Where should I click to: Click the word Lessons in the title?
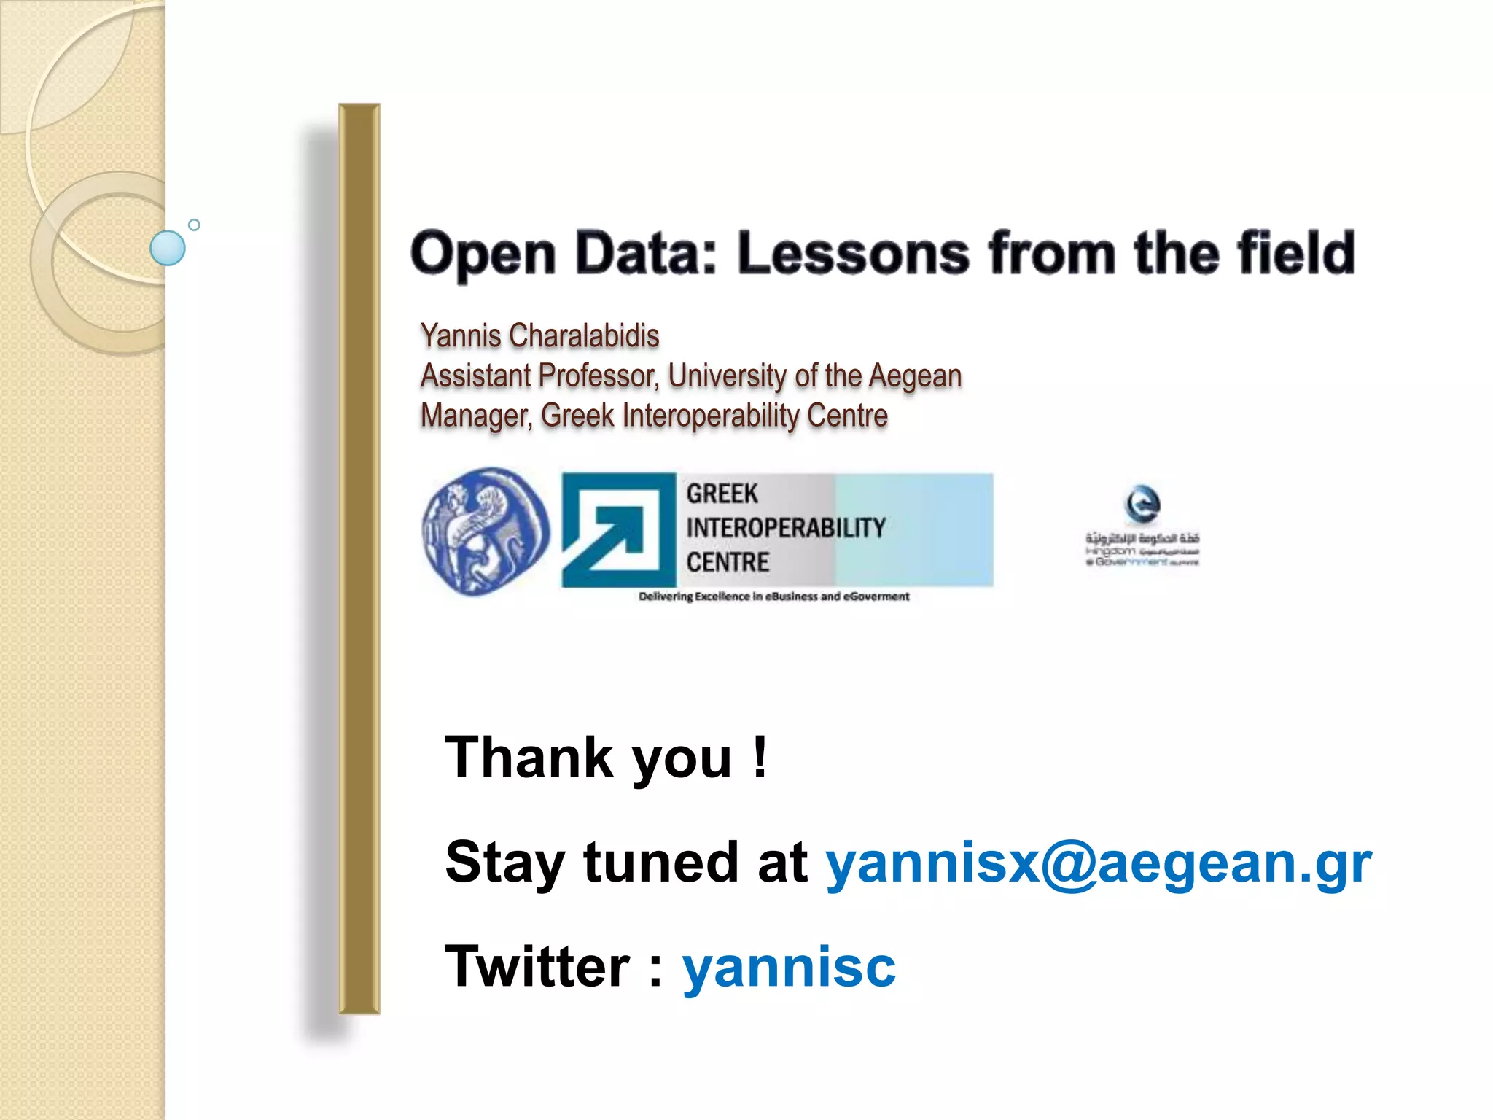tap(853, 253)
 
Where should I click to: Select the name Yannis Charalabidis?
tap(539, 336)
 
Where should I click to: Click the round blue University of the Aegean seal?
tap(486, 531)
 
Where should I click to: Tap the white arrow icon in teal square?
tap(618, 530)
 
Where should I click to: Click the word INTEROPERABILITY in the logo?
tap(785, 528)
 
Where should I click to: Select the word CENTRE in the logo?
tap(728, 563)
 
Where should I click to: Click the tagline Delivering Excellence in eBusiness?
tap(773, 596)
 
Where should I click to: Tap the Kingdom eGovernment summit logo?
tap(1142, 526)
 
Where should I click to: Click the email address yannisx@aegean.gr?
tap(1098, 862)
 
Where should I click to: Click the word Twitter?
tap(537, 967)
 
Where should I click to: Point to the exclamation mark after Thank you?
tap(760, 757)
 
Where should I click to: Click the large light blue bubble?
tap(167, 248)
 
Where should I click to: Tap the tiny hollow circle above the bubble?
tap(194, 225)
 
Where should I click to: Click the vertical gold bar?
tap(359, 559)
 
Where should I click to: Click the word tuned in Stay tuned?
tap(660, 862)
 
